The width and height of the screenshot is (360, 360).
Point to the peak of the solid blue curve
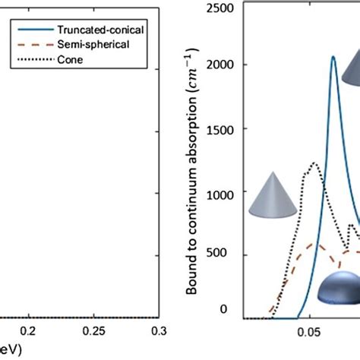333,78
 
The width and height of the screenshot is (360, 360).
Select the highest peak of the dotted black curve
312,163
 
